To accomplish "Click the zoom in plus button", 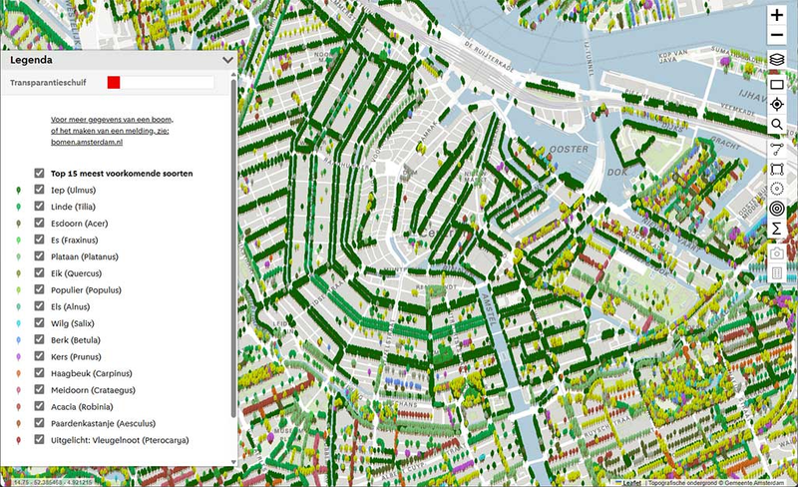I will coord(777,15).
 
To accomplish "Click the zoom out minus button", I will coord(777,37).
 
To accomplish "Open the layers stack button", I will coord(777,60).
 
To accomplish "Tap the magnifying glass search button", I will coord(777,125).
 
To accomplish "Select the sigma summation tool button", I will coord(777,230).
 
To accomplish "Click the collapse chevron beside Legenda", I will coord(228,60).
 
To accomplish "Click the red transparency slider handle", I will coord(114,83).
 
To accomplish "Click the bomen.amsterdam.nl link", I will coord(86,144).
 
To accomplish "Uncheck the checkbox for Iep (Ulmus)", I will coord(39,189).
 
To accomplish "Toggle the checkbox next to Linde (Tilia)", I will coord(39,206).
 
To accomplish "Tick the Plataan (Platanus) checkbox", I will coord(39,256).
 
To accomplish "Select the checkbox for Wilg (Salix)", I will coord(39,323).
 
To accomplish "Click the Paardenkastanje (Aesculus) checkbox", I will coord(39,423).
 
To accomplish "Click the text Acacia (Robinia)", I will coord(84,407).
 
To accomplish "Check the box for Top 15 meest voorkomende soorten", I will coord(39,172).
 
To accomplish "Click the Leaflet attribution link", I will coord(631,482).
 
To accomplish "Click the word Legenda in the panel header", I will coord(31,60).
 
